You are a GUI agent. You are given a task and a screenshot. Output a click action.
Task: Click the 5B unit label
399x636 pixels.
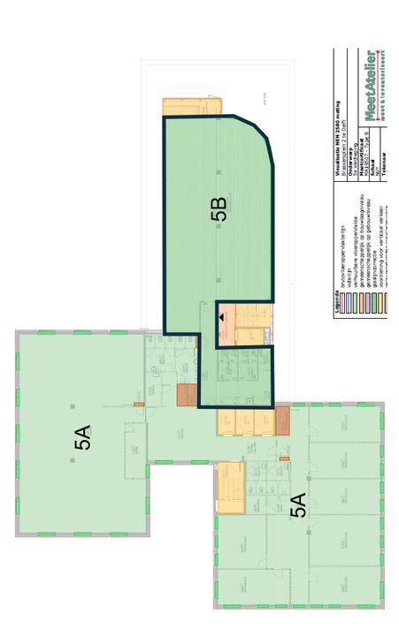point(219,209)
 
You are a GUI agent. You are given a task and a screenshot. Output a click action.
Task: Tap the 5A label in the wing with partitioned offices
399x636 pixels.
point(298,506)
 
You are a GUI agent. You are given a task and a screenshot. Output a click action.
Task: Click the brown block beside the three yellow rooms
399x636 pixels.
point(282,420)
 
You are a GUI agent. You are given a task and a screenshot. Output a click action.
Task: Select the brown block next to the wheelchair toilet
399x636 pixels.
point(187,395)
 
